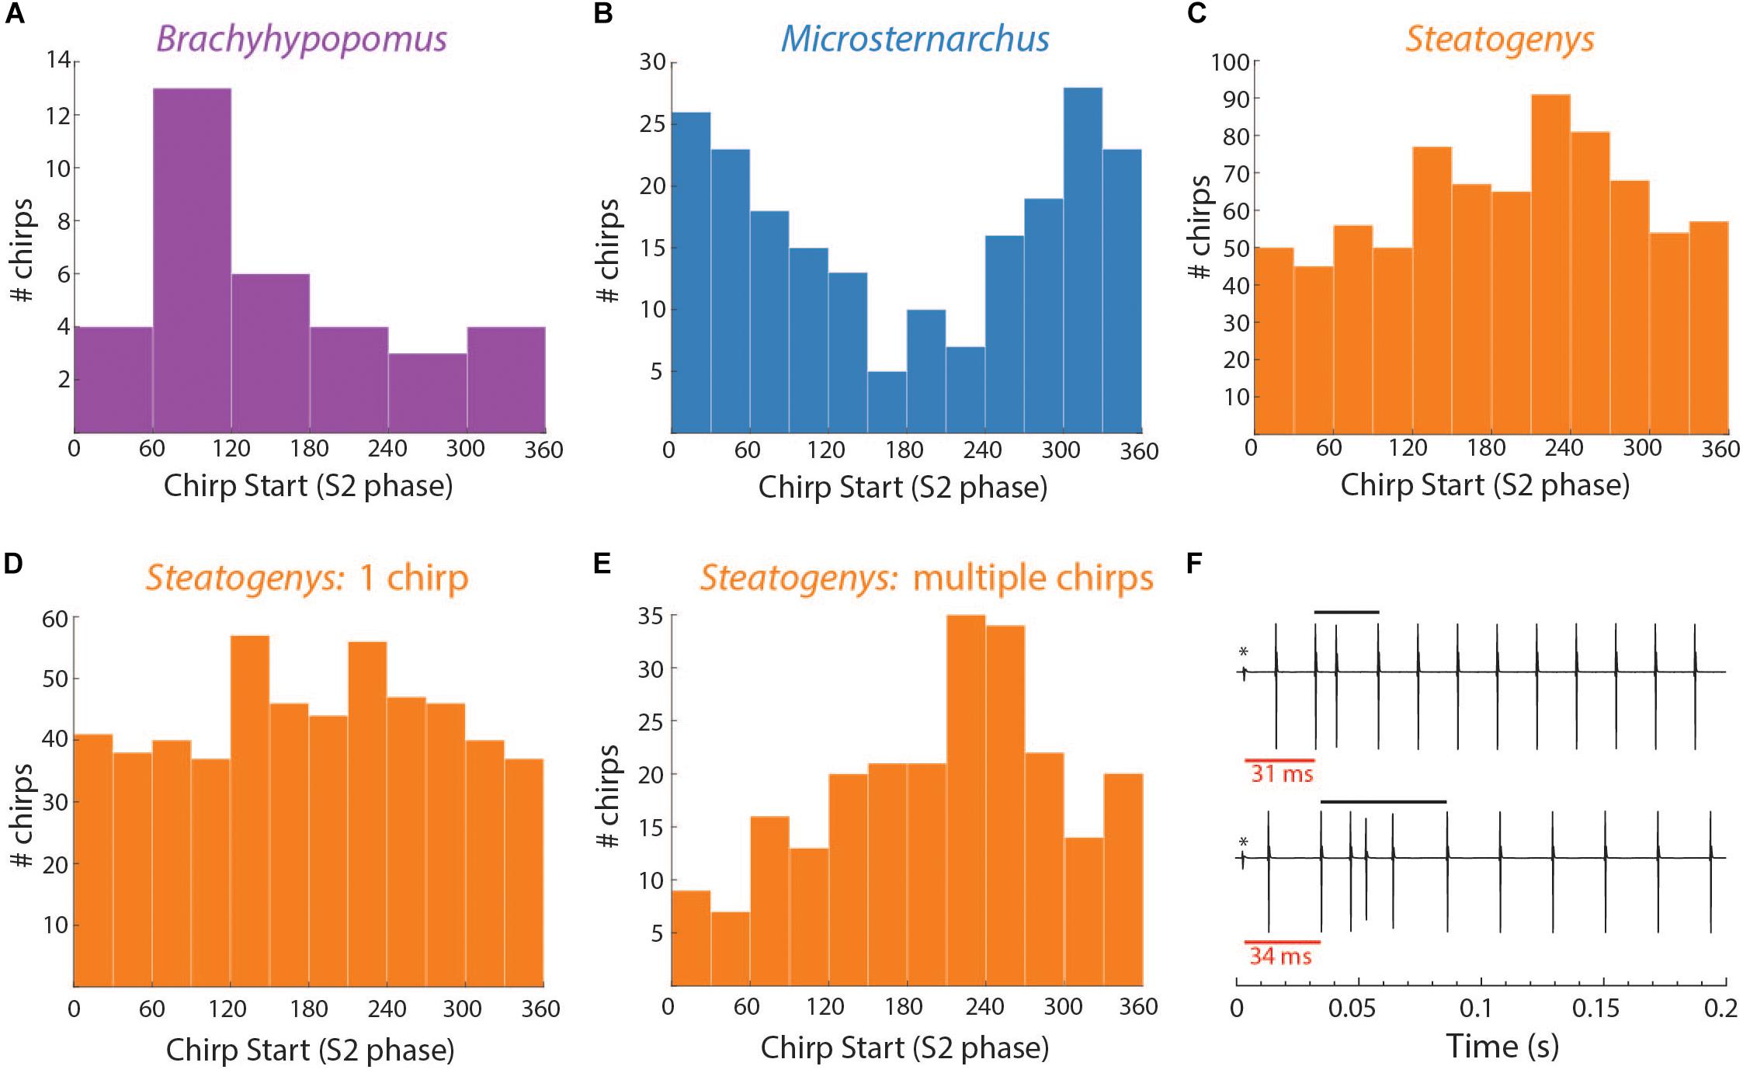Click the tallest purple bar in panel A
point(192,260)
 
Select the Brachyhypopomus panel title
point(302,39)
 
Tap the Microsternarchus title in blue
point(915,39)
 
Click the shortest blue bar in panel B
point(887,401)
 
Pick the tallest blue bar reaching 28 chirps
point(1083,260)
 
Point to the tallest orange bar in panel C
point(1550,264)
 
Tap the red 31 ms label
point(1282,774)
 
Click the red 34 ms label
point(1281,956)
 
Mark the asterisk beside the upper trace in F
point(1244,652)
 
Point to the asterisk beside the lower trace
point(1244,842)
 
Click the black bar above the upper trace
point(1346,613)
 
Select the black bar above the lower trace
point(1383,801)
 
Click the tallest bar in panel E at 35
point(965,800)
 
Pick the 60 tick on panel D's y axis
point(57,619)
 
